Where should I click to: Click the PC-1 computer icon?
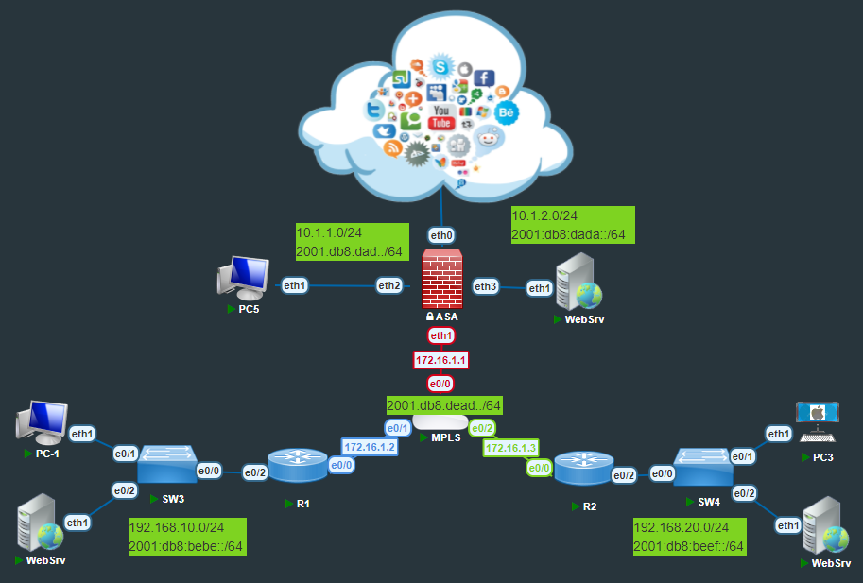tap(41, 421)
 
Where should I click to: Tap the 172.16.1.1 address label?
tap(441, 360)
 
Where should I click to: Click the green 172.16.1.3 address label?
tap(510, 447)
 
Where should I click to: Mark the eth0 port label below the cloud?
tap(441, 235)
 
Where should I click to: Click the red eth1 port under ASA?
tap(441, 335)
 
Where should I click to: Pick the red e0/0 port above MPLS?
tap(441, 385)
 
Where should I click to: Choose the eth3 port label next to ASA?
tap(486, 286)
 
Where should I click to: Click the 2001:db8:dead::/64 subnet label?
tap(443, 405)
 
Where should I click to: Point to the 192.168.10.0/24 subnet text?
tap(175, 526)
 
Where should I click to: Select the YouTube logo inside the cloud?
tap(441, 117)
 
